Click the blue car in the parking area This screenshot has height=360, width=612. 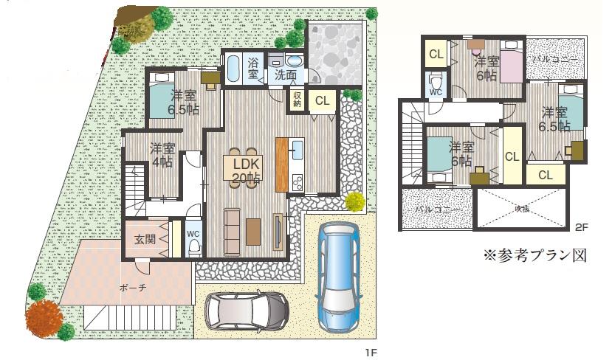(x=336, y=280)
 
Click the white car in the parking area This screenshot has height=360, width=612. (x=247, y=311)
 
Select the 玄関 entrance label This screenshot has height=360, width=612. (x=145, y=240)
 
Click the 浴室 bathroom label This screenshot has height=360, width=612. (x=253, y=69)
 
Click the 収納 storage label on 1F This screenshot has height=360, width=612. (x=297, y=98)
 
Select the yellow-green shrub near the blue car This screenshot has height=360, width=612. (x=354, y=201)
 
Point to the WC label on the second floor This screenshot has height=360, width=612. (x=436, y=92)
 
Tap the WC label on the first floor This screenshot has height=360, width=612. (x=193, y=235)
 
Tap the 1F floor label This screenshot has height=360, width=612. (x=371, y=353)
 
